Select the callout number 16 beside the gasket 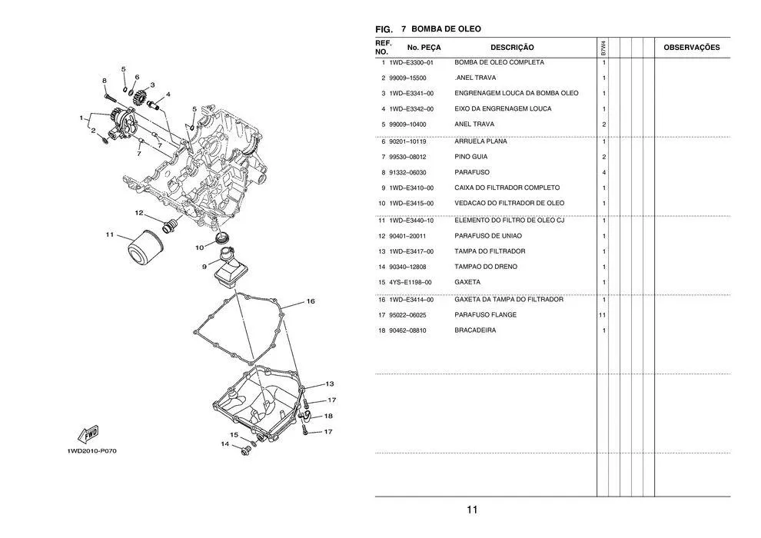pyautogui.click(x=310, y=301)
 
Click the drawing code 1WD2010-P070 pyautogui.click(x=91, y=451)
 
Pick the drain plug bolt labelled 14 pyautogui.click(x=245, y=452)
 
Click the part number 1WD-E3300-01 pyautogui.click(x=411, y=62)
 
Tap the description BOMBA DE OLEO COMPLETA pyautogui.click(x=499, y=62)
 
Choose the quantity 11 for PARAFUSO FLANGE pyautogui.click(x=603, y=315)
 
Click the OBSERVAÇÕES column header pyautogui.click(x=692, y=48)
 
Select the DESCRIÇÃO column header pyautogui.click(x=512, y=48)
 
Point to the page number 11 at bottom pyautogui.click(x=472, y=510)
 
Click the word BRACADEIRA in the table pyautogui.click(x=475, y=330)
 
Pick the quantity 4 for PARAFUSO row pyautogui.click(x=603, y=173)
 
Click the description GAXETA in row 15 pyautogui.click(x=467, y=282)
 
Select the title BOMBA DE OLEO pyautogui.click(x=446, y=29)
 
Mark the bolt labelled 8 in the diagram pyautogui.click(x=110, y=97)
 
